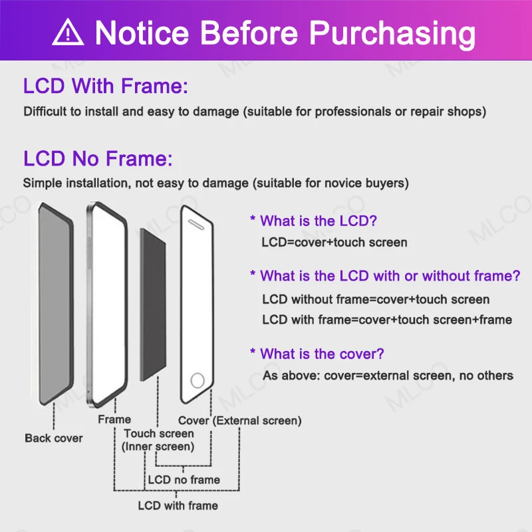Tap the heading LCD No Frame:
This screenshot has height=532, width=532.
tap(98, 159)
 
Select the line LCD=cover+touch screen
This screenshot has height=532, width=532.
tap(334, 242)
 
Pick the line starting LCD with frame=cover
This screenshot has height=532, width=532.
tap(387, 320)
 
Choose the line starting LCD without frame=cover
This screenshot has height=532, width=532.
tap(376, 299)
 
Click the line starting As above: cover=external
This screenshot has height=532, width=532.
tap(388, 376)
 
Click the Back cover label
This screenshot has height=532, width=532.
tap(54, 438)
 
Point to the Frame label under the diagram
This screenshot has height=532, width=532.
tap(114, 420)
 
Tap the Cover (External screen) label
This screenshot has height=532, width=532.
tap(239, 420)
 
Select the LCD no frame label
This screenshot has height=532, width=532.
tap(184, 479)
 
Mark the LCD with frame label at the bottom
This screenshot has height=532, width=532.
tap(178, 505)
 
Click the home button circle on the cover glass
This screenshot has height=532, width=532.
tap(198, 381)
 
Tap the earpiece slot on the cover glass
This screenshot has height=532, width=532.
tap(198, 223)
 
